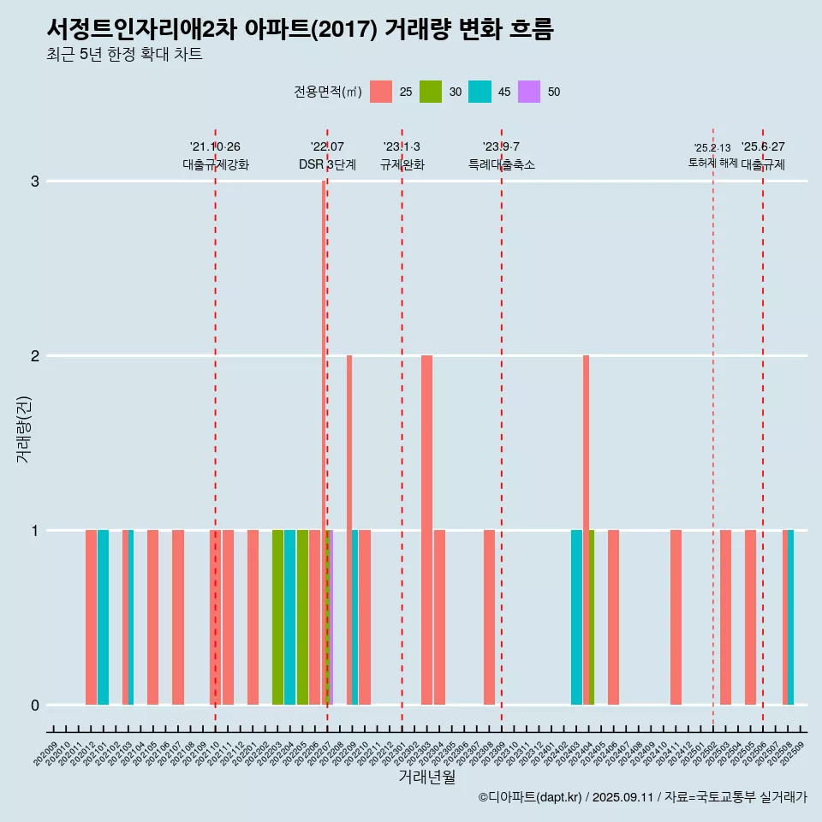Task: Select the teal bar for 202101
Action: tap(103, 617)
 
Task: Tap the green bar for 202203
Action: tap(277, 617)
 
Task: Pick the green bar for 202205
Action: tap(302, 617)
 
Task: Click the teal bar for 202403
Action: tap(576, 617)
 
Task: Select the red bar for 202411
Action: tap(676, 617)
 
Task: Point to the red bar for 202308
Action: tap(489, 617)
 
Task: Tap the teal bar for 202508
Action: tap(791, 617)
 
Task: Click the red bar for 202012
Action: tap(91, 617)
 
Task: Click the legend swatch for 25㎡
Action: tap(381, 92)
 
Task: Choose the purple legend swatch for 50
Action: tap(529, 92)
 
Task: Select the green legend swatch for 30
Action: tap(431, 92)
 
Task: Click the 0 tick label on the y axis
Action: tap(35, 705)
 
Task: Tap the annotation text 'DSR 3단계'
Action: tap(327, 164)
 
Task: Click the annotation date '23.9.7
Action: tap(501, 146)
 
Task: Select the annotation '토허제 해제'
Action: tap(712, 162)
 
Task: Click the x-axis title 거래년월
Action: tap(426, 777)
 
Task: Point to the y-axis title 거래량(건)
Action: tap(23, 429)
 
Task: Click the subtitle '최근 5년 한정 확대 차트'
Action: tap(124, 55)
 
